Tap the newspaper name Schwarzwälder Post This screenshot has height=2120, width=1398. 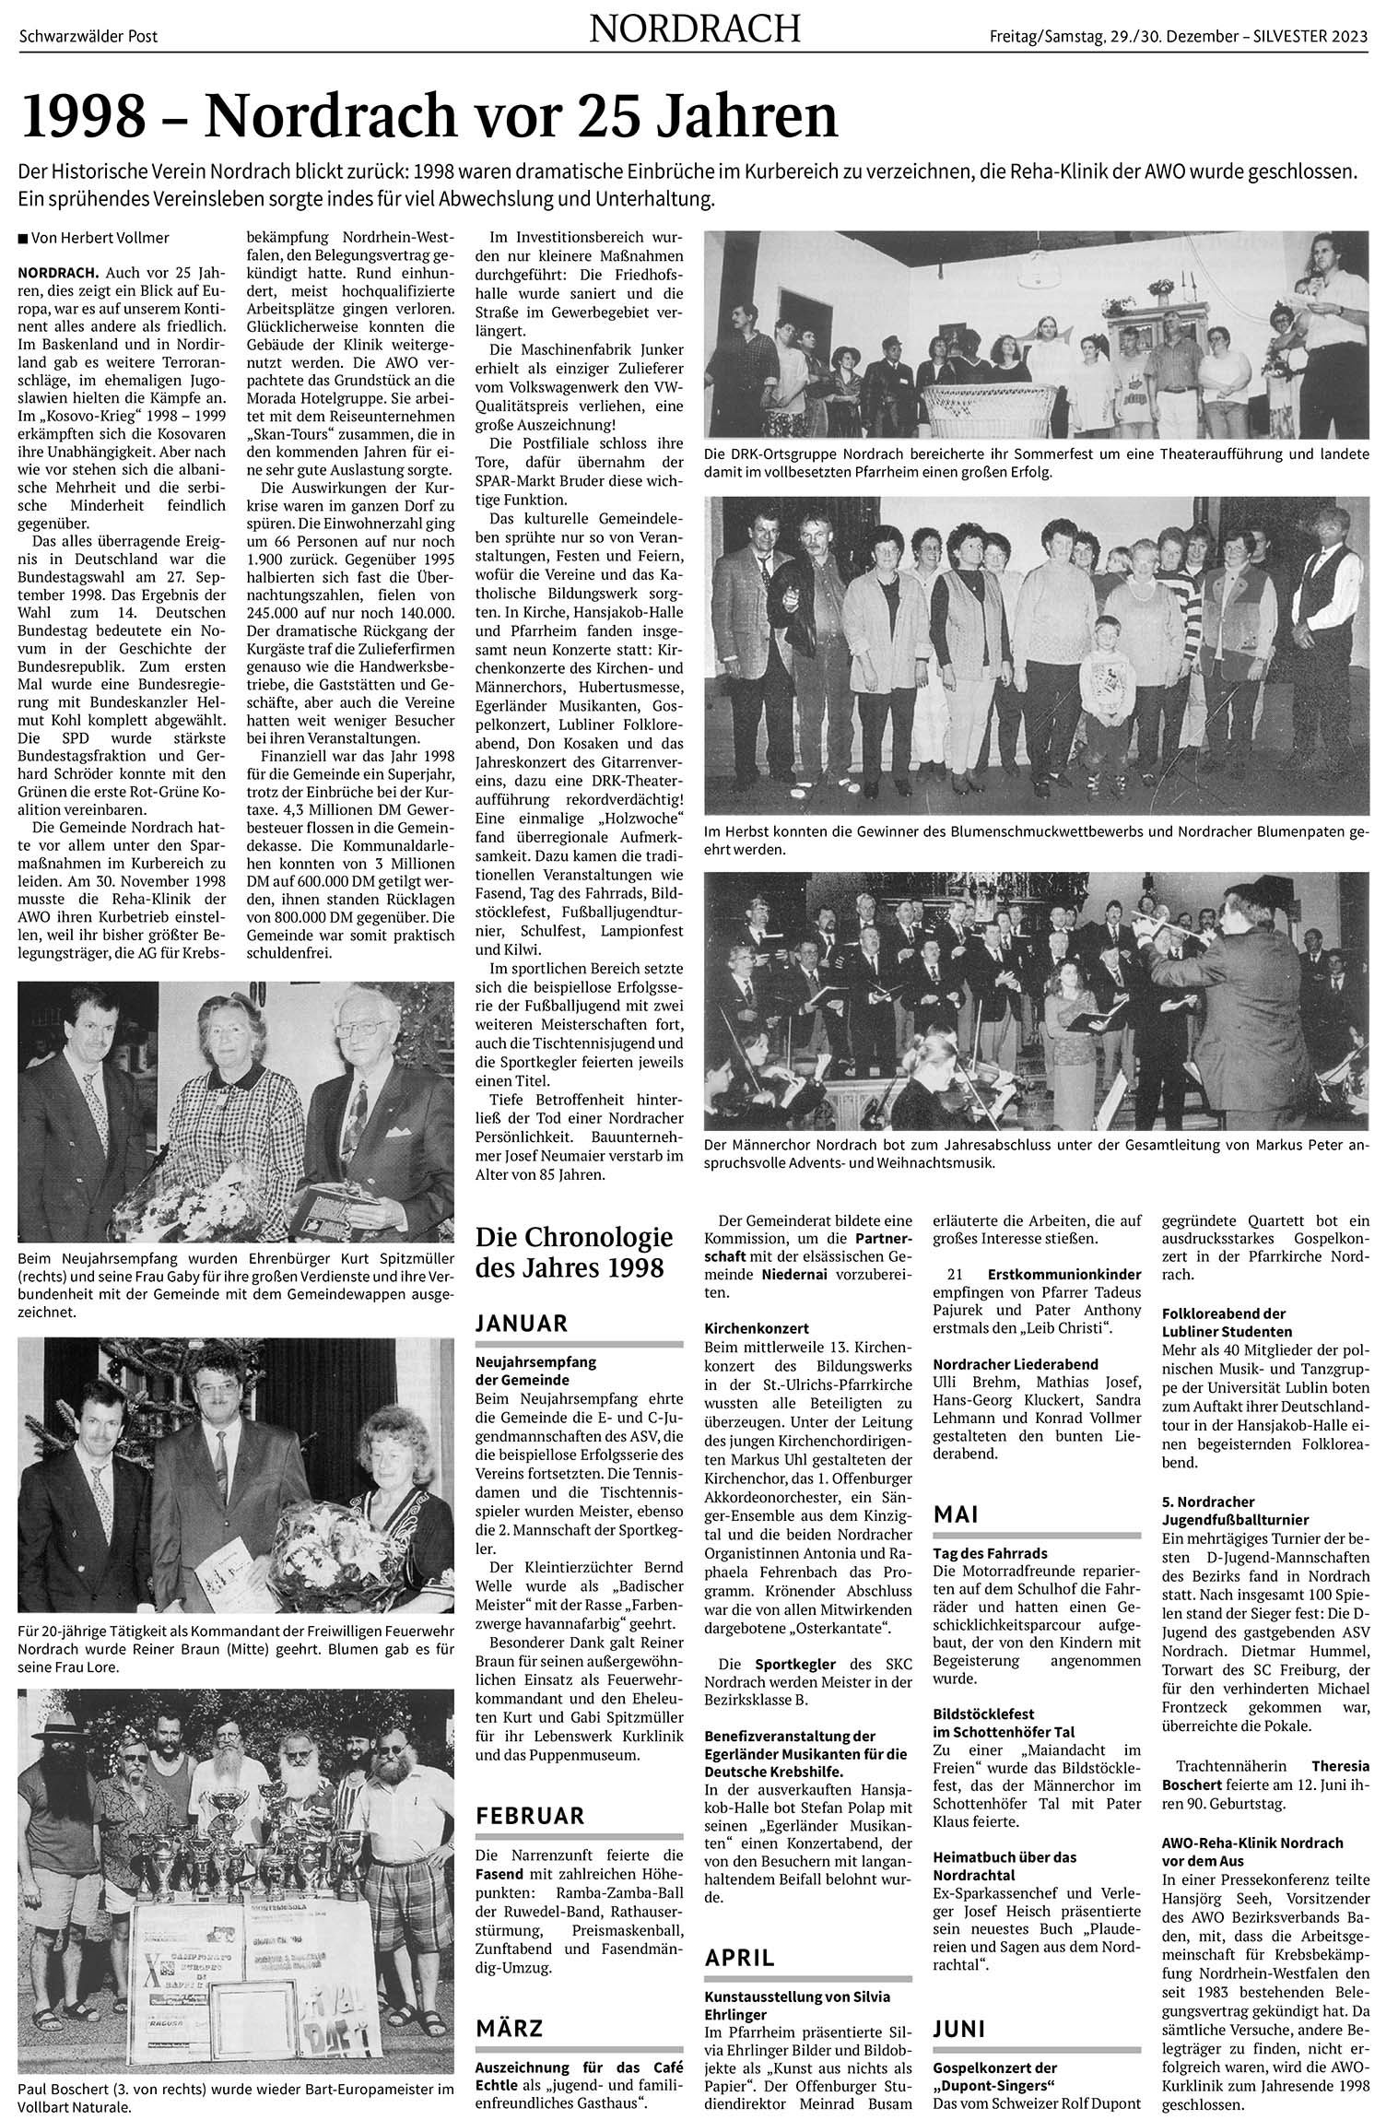[88, 36]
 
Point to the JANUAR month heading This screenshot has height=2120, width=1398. [521, 1324]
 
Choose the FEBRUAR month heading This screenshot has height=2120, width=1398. [530, 1816]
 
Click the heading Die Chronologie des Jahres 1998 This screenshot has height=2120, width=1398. [573, 1253]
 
